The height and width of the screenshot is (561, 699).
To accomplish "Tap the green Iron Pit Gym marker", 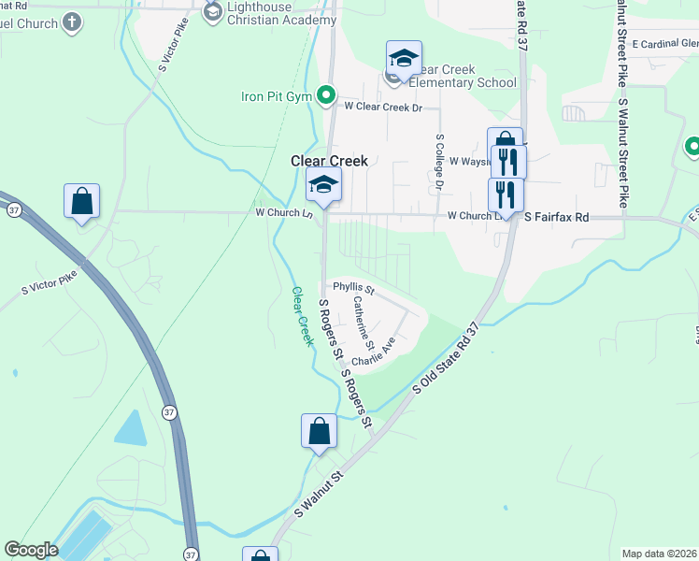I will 326,94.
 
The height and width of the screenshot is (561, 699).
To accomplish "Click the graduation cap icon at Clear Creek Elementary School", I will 404,59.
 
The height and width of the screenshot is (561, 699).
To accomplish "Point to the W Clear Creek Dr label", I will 383,108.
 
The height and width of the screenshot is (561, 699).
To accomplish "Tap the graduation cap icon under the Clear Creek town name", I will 323,184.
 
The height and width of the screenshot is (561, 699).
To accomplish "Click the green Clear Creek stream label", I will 302,317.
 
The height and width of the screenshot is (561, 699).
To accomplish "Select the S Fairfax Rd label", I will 556,217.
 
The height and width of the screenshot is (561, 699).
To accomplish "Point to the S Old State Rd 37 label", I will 447,359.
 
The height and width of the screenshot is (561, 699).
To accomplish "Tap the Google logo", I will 31,550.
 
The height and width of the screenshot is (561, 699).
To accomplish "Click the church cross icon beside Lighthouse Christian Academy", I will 212,11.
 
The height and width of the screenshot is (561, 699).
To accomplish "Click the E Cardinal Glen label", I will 664,43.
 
